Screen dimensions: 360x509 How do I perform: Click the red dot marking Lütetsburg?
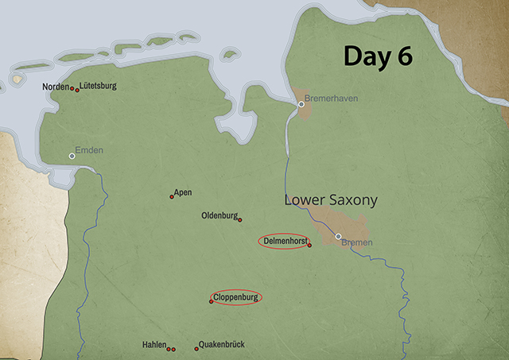point(77,90)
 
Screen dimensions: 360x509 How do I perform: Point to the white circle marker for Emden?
point(72,156)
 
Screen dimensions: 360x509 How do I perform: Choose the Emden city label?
point(89,150)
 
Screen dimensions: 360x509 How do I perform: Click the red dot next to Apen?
point(172,196)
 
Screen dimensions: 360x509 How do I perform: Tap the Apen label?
point(183,192)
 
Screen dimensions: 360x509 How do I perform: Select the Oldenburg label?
point(219,215)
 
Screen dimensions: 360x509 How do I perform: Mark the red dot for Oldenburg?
point(240,220)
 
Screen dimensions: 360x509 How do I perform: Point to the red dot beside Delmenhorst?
point(309,245)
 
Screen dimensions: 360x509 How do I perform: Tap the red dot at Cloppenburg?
point(211,301)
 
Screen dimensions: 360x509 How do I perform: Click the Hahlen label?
point(154,345)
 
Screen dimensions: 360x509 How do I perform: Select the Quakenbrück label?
point(222,344)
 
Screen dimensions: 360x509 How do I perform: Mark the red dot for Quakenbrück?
point(196,349)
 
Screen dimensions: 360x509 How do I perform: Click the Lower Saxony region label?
point(330,200)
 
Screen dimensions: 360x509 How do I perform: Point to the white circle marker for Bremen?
point(338,236)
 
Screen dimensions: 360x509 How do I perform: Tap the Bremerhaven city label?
point(332,98)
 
